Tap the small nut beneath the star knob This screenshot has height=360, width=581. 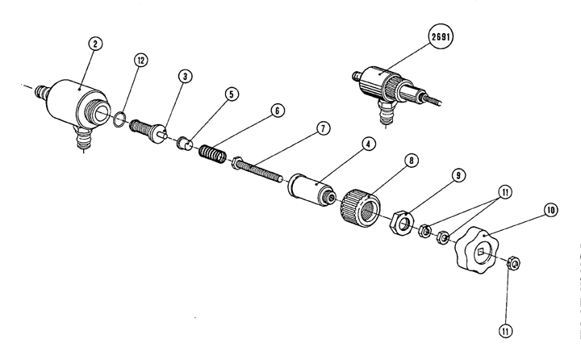[x=512, y=263]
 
